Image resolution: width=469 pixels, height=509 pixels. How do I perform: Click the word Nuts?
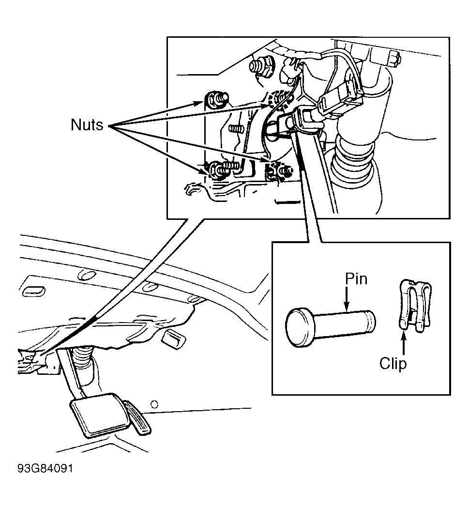[x=87, y=124]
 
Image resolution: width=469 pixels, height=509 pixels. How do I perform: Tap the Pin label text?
[x=356, y=279]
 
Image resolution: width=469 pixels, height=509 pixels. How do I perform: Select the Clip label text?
[x=393, y=364]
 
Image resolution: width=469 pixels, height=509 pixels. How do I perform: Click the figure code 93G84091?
[x=45, y=469]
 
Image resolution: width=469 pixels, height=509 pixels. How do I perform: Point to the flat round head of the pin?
[x=300, y=327]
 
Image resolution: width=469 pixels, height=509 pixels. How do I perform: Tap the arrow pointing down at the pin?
[x=347, y=298]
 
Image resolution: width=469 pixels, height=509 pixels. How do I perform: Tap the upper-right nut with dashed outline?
[x=278, y=98]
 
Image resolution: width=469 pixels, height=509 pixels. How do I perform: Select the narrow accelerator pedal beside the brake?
[x=138, y=417]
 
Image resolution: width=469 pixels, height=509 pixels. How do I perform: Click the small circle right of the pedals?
[x=155, y=404]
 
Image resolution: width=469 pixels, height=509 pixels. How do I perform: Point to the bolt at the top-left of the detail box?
[x=262, y=66]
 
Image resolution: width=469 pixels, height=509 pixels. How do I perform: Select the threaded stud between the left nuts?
[x=236, y=128]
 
